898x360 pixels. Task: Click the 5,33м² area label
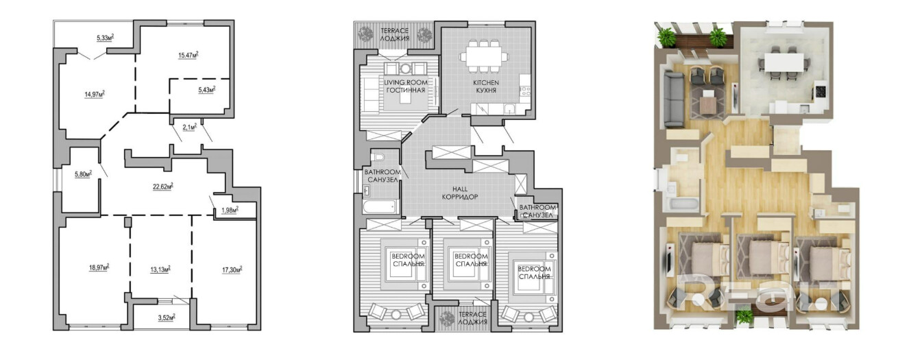coord(104,38)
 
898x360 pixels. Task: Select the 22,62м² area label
coord(162,185)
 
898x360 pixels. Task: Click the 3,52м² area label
coord(165,317)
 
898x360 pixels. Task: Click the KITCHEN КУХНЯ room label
coord(485,86)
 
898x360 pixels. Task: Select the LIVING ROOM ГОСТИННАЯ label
coord(405,86)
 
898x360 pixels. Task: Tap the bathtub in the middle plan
coord(379,206)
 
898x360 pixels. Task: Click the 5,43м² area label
coord(207,90)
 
